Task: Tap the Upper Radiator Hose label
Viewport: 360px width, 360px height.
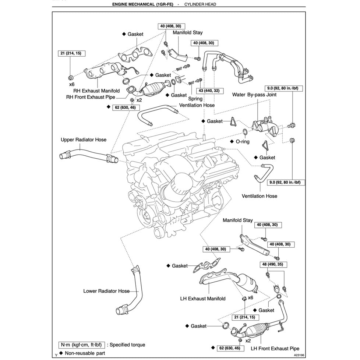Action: click(x=84, y=140)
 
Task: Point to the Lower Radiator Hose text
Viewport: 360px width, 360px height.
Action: click(x=106, y=291)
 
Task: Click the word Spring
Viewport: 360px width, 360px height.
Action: click(x=195, y=99)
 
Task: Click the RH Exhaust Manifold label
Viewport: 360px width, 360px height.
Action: click(x=96, y=91)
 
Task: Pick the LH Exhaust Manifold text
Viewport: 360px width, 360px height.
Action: click(x=203, y=299)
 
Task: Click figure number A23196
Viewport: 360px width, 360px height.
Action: click(x=299, y=356)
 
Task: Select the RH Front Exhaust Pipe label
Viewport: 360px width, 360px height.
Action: click(x=91, y=98)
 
